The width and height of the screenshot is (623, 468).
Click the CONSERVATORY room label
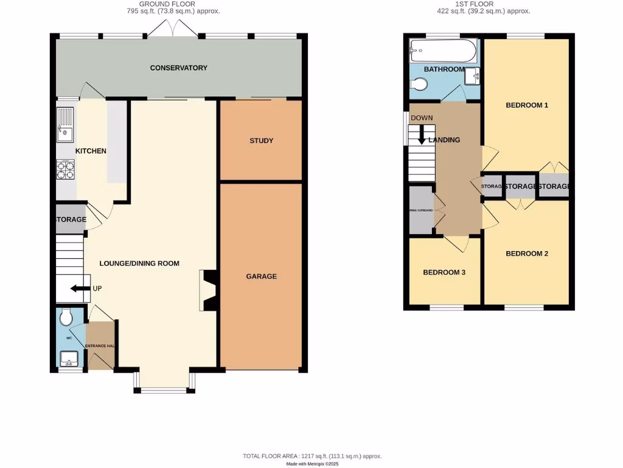[x=179, y=68]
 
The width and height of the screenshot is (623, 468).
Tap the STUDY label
[x=261, y=141]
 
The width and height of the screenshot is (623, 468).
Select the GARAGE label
[x=261, y=276]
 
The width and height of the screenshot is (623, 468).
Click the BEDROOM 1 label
[x=527, y=105]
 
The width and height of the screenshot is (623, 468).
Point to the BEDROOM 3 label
[x=444, y=272]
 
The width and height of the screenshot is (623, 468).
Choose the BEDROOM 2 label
[x=527, y=253]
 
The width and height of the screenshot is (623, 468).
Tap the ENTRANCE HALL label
[x=100, y=346]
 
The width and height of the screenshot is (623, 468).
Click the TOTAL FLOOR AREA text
[x=311, y=456]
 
